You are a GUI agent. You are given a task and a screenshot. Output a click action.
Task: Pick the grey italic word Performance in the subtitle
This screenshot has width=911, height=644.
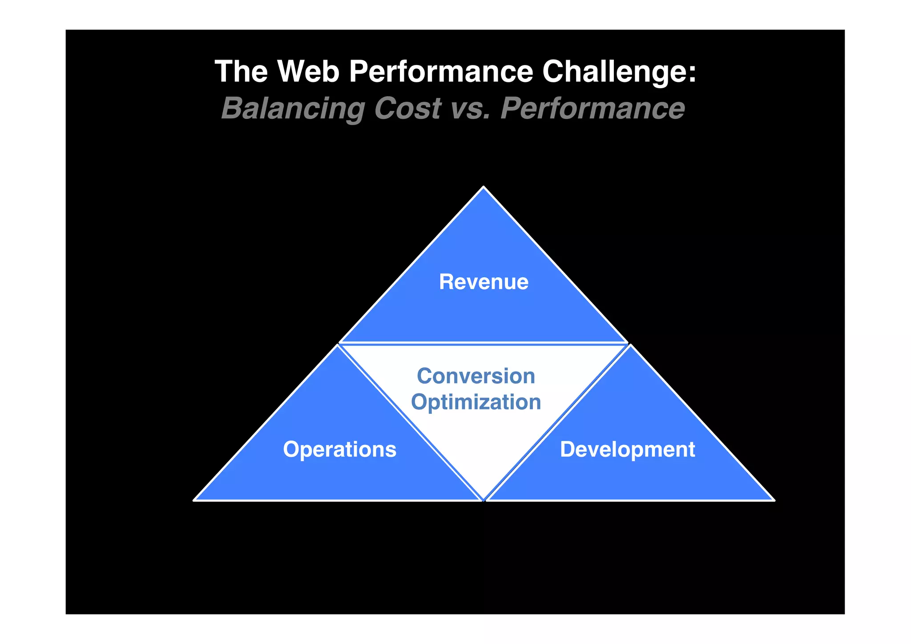pyautogui.click(x=593, y=109)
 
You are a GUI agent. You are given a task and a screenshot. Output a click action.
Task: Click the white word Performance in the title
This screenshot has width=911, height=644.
pyautogui.click(x=441, y=71)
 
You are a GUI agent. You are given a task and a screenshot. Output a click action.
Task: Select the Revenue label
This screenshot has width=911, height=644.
pyautogui.click(x=484, y=282)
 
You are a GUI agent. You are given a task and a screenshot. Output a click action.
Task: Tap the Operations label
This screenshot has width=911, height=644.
pyautogui.click(x=339, y=450)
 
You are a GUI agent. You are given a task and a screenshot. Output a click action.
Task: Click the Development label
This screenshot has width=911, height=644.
pyautogui.click(x=627, y=450)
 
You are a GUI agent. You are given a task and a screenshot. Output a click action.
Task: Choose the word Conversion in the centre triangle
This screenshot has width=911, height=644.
pyautogui.click(x=476, y=376)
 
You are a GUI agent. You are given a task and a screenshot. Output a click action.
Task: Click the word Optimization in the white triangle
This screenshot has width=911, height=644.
pyautogui.click(x=476, y=402)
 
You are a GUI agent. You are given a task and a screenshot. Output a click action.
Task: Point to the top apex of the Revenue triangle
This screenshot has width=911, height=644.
pyautogui.click(x=484, y=188)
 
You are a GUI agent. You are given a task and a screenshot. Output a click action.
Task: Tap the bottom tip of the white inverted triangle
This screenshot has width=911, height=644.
pyautogui.click(x=484, y=498)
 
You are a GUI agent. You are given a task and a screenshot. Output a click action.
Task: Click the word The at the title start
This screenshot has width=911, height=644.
pyautogui.click(x=241, y=71)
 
